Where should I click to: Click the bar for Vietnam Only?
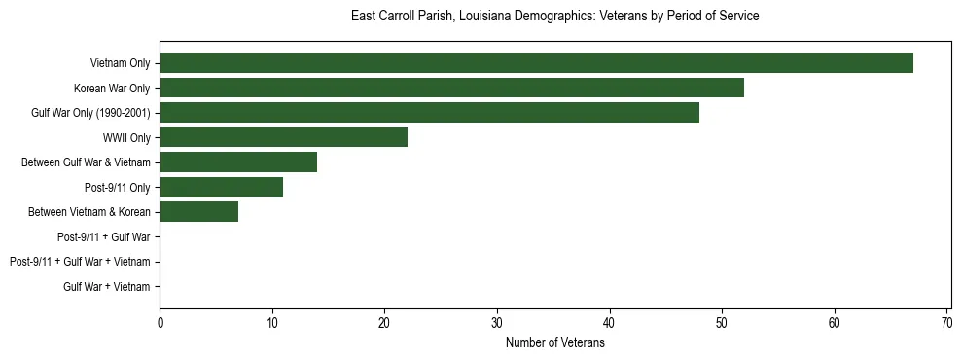[x=536, y=63]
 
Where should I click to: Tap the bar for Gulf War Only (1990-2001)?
[x=429, y=113]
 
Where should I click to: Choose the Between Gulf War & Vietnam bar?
[x=238, y=162]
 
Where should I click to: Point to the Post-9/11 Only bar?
[x=221, y=187]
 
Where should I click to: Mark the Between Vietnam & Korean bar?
[x=198, y=212]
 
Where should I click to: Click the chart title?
[x=554, y=17]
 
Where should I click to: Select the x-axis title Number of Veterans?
[x=554, y=343]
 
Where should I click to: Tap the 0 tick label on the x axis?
[x=160, y=323]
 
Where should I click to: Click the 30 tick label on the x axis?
[x=497, y=323]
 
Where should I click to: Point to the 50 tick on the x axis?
[x=722, y=323]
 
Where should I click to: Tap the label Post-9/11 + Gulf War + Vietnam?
[x=80, y=262]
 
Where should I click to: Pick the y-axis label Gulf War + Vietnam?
[x=107, y=287]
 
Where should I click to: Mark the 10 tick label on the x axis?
[x=272, y=323]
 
